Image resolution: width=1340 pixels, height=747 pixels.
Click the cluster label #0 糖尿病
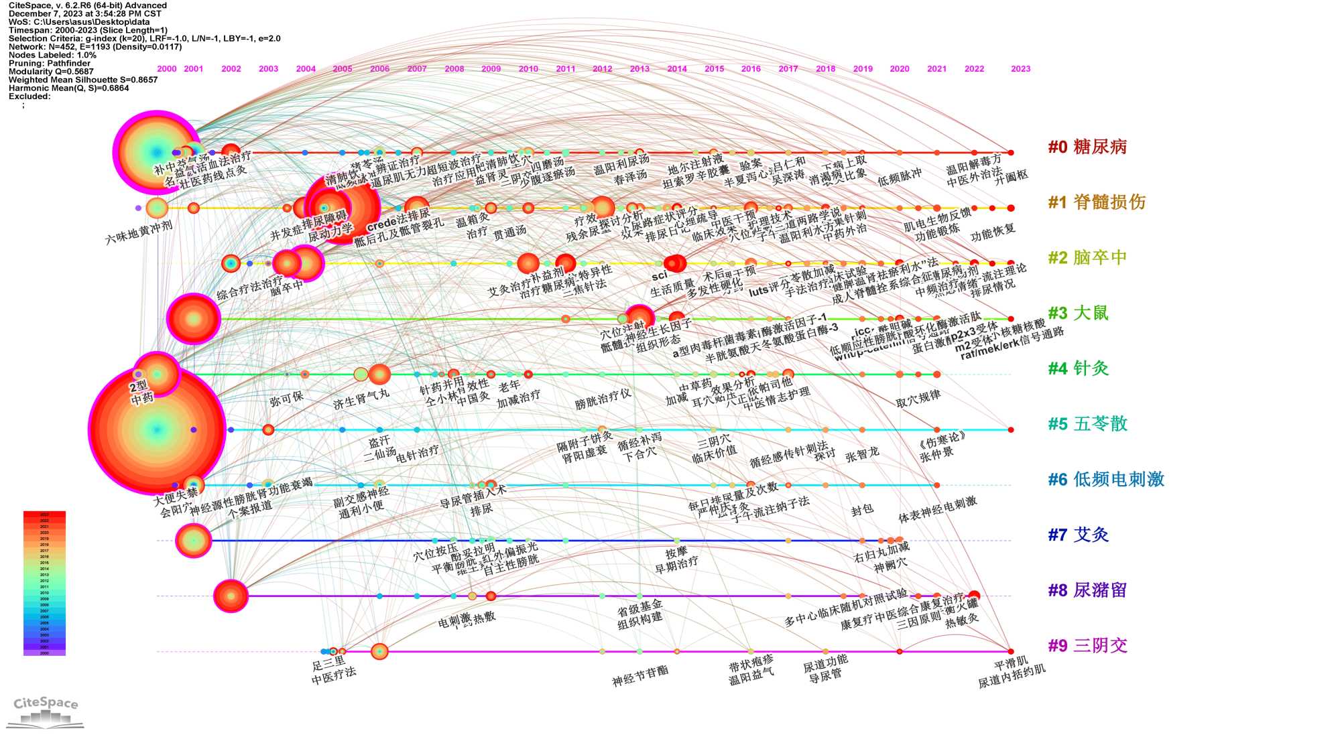[1087, 147]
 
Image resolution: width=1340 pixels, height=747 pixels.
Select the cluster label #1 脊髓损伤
[1097, 202]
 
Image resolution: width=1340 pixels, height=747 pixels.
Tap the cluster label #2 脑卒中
[1087, 258]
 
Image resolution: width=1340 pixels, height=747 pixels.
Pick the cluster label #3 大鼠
[1078, 314]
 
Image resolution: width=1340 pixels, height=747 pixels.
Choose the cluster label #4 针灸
[1078, 368]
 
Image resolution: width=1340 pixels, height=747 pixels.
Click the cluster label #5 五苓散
[1087, 424]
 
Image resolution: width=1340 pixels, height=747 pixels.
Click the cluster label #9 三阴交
[1087, 646]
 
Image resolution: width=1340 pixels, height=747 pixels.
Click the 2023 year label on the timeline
[1020, 69]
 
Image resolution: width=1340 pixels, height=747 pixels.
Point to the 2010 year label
[528, 69]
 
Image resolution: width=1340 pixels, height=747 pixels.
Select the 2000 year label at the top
[167, 69]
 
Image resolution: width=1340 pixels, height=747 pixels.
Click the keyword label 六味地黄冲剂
[139, 232]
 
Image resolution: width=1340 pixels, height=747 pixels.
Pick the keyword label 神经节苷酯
[640, 677]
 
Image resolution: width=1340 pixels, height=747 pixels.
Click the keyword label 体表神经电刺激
[937, 510]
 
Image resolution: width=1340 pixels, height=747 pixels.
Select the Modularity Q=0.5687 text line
[51, 72]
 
